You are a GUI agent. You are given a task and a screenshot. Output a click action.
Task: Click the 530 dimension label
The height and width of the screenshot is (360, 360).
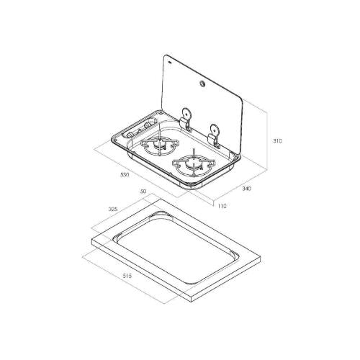click(125, 174)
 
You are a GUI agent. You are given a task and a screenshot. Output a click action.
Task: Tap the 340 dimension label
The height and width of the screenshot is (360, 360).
click(246, 189)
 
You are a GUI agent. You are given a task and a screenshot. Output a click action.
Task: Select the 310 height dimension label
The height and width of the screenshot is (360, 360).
click(278, 141)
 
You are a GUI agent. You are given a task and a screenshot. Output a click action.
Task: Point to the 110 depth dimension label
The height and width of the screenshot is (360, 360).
click(222, 206)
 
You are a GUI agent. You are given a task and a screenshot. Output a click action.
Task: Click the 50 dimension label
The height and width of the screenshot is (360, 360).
click(143, 192)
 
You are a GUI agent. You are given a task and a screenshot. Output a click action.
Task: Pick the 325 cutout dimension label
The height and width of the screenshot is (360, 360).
click(113, 209)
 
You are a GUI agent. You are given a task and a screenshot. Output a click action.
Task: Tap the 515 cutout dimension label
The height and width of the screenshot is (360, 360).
click(127, 276)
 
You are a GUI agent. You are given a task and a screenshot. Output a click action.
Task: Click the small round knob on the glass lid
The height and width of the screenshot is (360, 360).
click(202, 84)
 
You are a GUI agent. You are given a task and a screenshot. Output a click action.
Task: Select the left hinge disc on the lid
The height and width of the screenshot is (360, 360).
click(186, 113)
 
